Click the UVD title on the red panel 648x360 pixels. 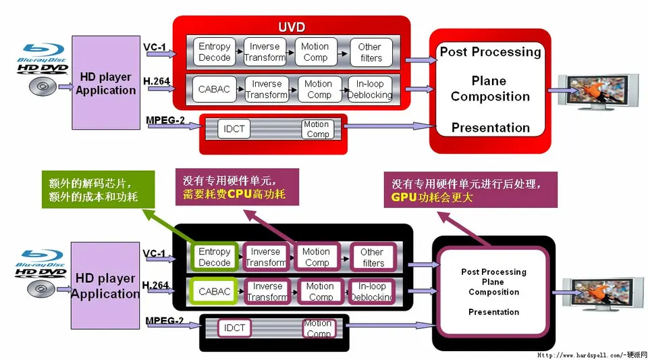(x=292, y=27)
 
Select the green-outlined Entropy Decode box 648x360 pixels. (x=215, y=257)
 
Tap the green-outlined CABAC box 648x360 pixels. (x=215, y=292)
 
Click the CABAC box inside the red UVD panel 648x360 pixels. (x=214, y=89)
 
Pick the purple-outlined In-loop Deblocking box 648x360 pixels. (x=371, y=292)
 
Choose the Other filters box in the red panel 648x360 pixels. (x=370, y=52)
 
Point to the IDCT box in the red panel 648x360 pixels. (x=235, y=128)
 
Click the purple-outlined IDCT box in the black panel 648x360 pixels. (x=235, y=328)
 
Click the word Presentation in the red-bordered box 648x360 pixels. (x=490, y=128)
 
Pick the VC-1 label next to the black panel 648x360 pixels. (x=154, y=253)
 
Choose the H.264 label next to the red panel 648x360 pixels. (x=156, y=81)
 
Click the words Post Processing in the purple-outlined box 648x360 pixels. (x=493, y=272)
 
